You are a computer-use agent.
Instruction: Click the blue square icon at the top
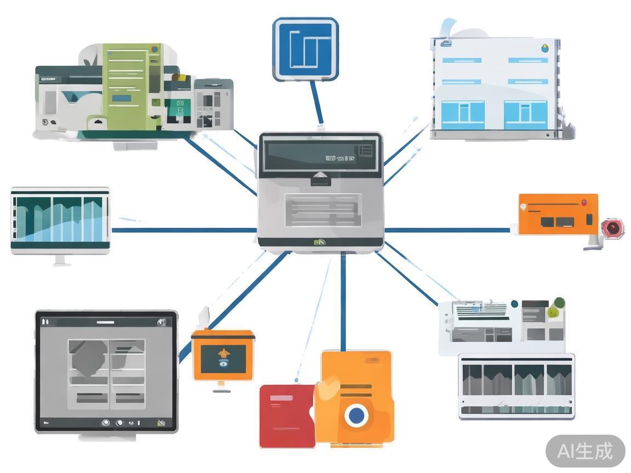coord(305,49)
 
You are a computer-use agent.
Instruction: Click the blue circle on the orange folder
coord(356,415)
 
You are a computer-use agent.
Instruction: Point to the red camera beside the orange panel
coord(612,227)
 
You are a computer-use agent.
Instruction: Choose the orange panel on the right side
coord(558,214)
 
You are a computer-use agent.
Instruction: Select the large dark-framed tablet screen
coord(106,372)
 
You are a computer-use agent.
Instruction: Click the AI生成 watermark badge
coord(585,451)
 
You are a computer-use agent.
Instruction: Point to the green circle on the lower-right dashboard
coord(558,303)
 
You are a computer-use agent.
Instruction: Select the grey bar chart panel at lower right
coord(516,387)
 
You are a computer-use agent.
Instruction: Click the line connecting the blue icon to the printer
coord(316,104)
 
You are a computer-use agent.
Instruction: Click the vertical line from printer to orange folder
coord(343,301)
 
